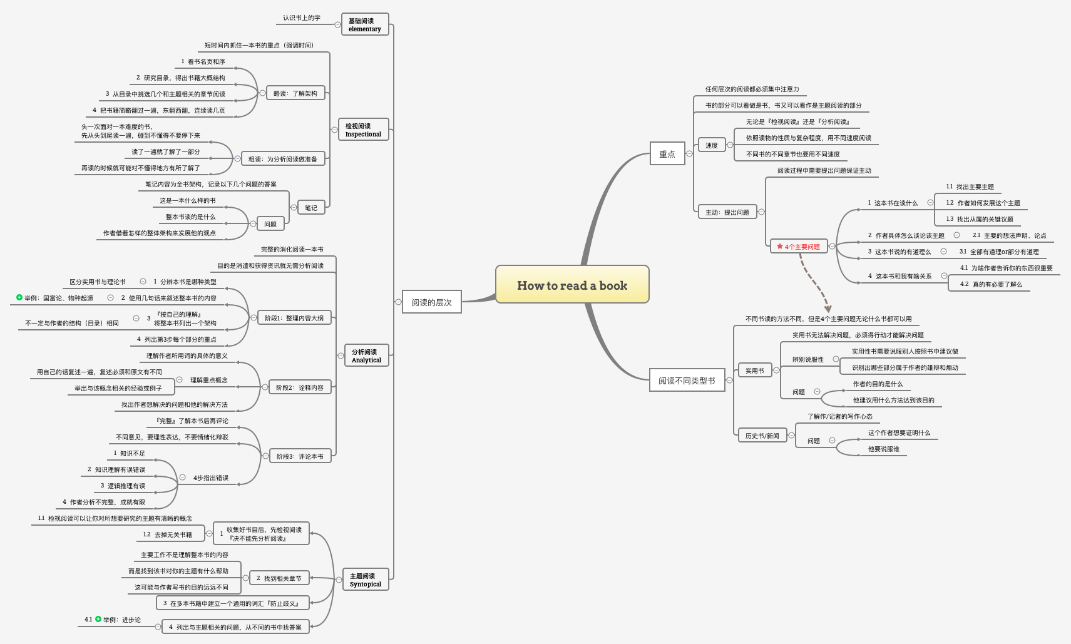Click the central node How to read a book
tap(572, 285)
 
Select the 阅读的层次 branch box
tap(431, 302)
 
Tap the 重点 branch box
tap(667, 154)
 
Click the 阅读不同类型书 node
tap(687, 381)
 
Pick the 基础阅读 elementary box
tap(365, 25)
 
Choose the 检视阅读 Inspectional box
tap(363, 130)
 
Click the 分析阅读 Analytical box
tap(366, 356)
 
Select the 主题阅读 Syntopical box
tap(365, 580)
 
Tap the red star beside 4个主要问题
tap(780, 247)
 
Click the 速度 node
tap(712, 145)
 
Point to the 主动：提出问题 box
tap(727, 212)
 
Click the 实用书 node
tap(754, 371)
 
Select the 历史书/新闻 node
tap(762, 436)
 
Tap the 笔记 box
tap(311, 208)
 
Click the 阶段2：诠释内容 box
tap(300, 387)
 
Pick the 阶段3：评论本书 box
tap(300, 456)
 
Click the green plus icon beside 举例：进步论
tap(98, 620)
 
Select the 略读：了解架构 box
tap(295, 93)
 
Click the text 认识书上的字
tap(301, 18)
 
